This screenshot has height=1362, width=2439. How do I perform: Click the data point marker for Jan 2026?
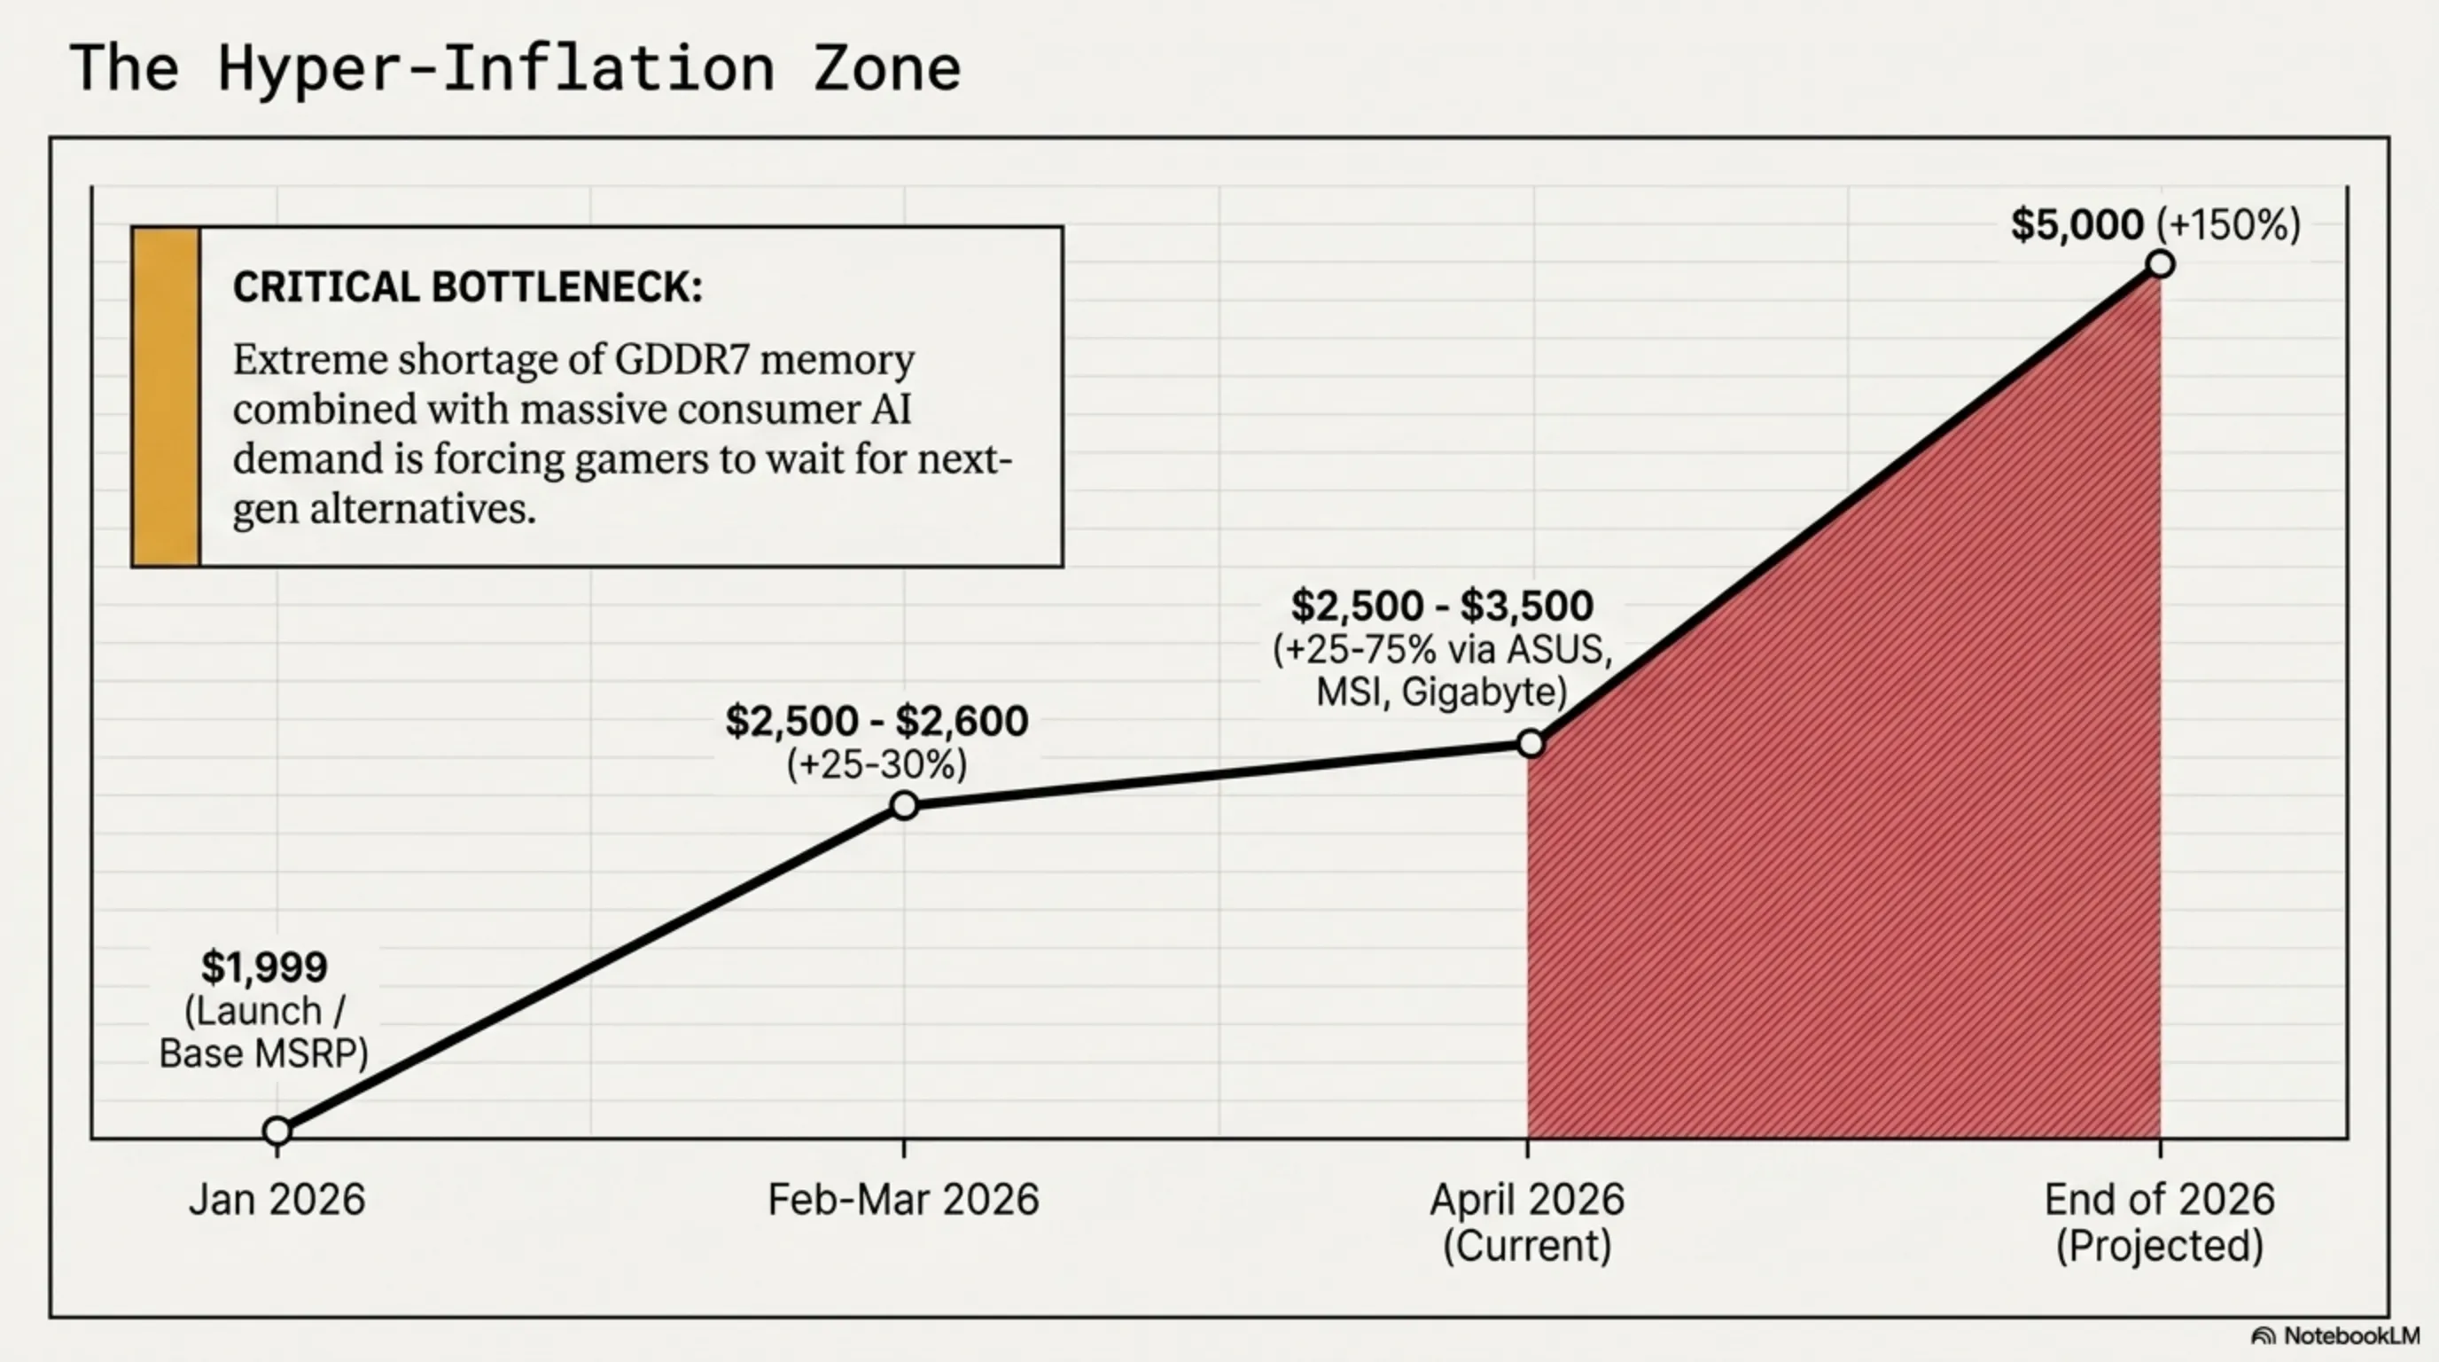click(x=277, y=1130)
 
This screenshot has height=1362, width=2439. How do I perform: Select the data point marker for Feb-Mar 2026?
click(x=904, y=806)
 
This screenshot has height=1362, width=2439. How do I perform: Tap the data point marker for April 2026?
click(x=1530, y=743)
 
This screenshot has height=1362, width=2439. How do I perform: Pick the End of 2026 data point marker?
click(x=2160, y=264)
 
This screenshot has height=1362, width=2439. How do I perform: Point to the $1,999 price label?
click(x=264, y=967)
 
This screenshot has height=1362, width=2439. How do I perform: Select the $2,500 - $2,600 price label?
click(x=877, y=722)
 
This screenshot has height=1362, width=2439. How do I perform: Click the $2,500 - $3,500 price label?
click(x=1442, y=607)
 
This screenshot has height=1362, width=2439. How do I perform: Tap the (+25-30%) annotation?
click(x=877, y=764)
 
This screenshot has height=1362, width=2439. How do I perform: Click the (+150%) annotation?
click(x=2228, y=225)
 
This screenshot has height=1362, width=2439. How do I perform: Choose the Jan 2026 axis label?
click(x=277, y=1200)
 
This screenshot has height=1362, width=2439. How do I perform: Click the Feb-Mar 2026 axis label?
click(x=903, y=1200)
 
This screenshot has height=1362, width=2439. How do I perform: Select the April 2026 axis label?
click(x=1526, y=1200)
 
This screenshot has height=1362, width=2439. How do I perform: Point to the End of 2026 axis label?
click(x=2159, y=1200)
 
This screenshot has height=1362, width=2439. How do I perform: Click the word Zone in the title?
click(x=886, y=68)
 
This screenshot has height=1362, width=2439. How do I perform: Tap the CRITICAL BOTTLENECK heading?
click(x=468, y=287)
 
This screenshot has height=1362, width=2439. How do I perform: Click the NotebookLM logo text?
click(x=2349, y=1335)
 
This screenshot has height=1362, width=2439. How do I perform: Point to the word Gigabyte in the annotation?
click(x=1484, y=693)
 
